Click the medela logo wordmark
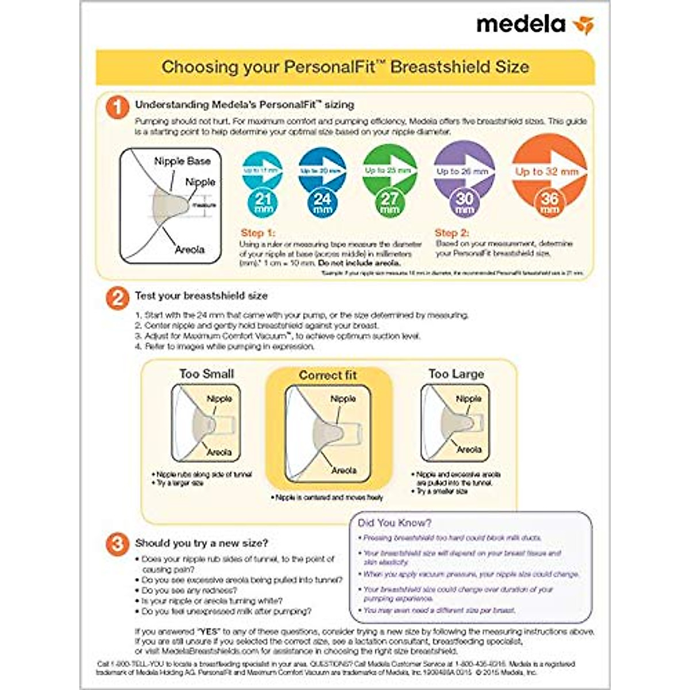point(520,25)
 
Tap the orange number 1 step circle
point(117,107)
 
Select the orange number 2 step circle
point(117,298)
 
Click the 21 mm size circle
point(263,203)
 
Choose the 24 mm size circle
point(322,203)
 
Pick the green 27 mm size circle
point(389,202)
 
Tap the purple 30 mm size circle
point(464,202)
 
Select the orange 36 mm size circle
point(550,202)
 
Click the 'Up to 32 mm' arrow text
point(546,171)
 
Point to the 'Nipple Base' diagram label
point(182,161)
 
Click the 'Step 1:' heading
point(258,233)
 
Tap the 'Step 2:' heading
point(451,233)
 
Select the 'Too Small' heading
point(206,374)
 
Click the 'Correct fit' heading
point(328,375)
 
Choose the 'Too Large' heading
point(456,374)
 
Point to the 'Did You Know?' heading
point(394,523)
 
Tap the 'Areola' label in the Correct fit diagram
point(344,470)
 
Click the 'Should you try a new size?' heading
point(201,543)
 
